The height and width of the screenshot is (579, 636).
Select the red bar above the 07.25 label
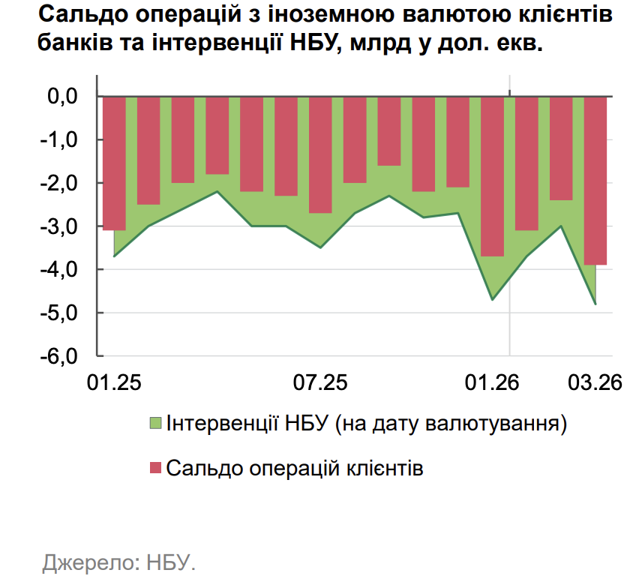pyautogui.click(x=320, y=154)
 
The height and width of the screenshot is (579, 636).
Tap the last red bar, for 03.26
pyautogui.click(x=595, y=180)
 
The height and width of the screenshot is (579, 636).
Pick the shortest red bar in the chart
pyautogui.click(x=389, y=130)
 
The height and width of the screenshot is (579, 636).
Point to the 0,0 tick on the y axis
pyautogui.click(x=63, y=97)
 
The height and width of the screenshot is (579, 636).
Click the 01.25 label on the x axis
pyautogui.click(x=114, y=383)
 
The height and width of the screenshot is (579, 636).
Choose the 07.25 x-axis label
pyautogui.click(x=320, y=383)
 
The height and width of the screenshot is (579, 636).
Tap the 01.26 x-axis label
pyautogui.click(x=492, y=383)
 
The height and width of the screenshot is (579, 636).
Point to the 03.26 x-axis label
pyautogui.click(x=595, y=383)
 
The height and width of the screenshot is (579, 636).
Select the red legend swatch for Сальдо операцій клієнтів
pyautogui.click(x=156, y=469)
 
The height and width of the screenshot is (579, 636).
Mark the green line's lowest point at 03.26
pyautogui.click(x=595, y=304)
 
